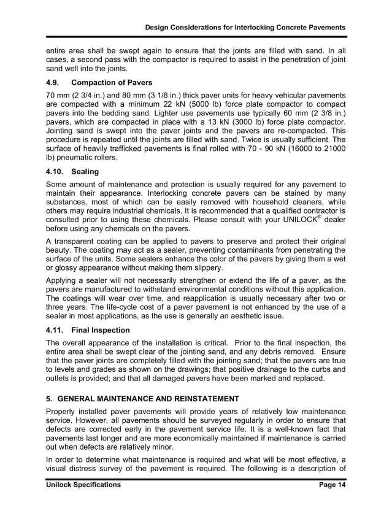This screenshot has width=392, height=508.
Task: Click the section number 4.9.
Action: pyautogui.click(x=55, y=82)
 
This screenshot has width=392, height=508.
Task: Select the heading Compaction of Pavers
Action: pyautogui.click(x=112, y=82)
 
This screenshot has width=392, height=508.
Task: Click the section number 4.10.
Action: pyautogui.click(x=56, y=172)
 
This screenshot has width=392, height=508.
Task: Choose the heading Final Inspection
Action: pyautogui.click(x=101, y=330)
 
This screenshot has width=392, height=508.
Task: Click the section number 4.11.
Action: pyautogui.click(x=56, y=330)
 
